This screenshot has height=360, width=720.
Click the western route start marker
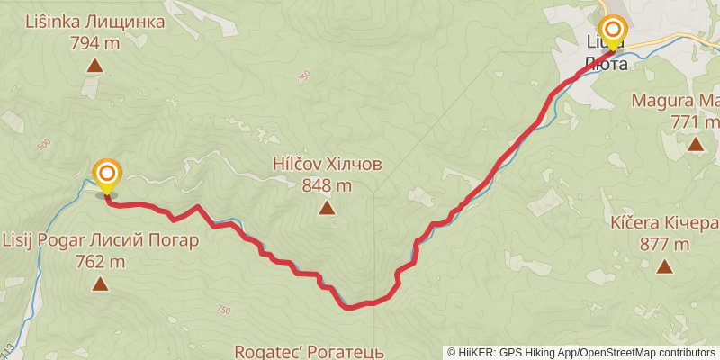pos(107,173)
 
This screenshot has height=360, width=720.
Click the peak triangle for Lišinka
pos(94,65)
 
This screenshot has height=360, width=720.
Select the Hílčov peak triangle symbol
pos(327,209)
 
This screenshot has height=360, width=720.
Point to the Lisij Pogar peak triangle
pos(100,285)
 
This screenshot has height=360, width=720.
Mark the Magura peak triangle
pos(695,144)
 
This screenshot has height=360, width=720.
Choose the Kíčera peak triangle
pos(664,265)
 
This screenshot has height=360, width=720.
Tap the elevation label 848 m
pos(327,186)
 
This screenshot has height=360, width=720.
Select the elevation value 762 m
pos(100,262)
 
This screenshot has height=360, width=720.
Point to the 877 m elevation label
pos(664,243)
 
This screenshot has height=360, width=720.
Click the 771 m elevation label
pos(695,121)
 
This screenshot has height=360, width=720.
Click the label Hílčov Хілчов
pos(328,166)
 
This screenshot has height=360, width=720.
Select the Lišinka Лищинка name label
pos(95,22)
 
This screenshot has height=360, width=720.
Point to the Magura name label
pos(675,100)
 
